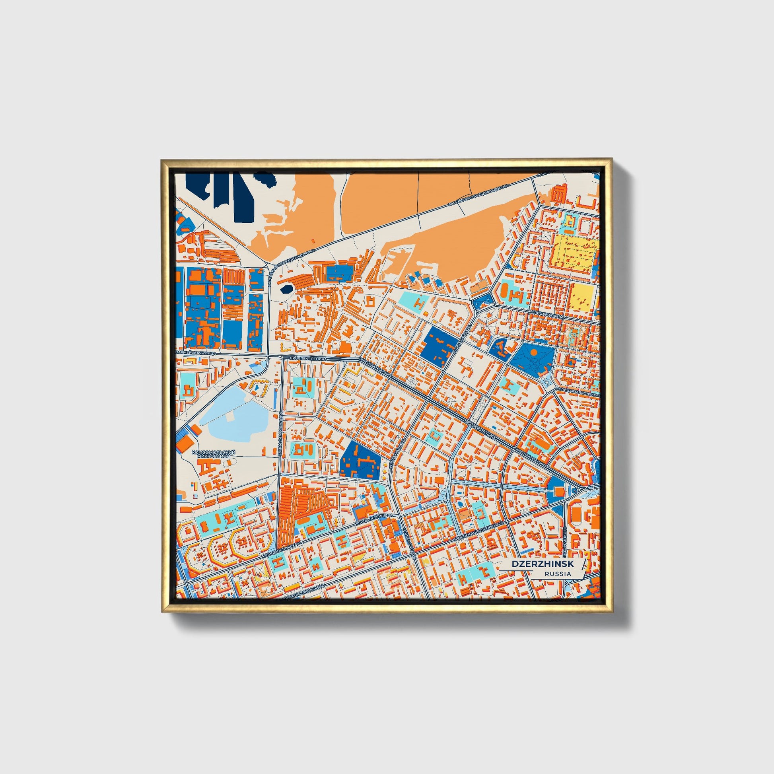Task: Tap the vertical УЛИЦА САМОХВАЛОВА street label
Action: pos(280,435)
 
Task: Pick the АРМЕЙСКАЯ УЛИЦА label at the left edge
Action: pos(196,353)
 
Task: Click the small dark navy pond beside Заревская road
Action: pos(286,289)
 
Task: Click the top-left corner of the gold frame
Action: pos(162,161)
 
